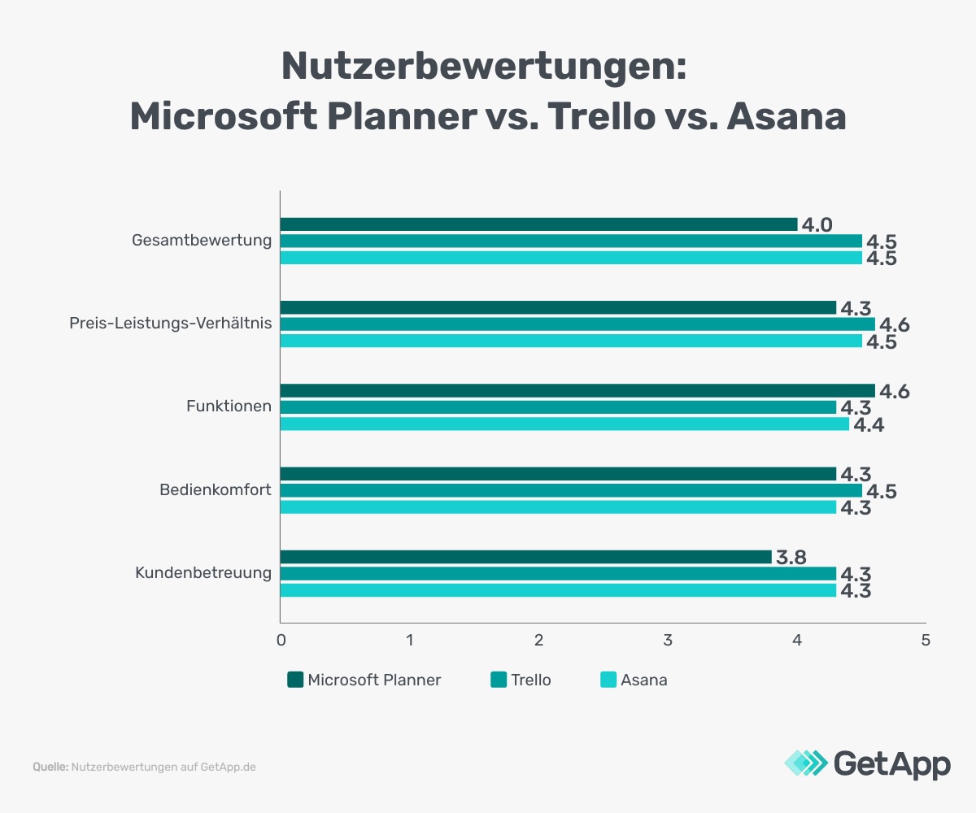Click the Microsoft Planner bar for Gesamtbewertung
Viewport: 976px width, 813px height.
(538, 224)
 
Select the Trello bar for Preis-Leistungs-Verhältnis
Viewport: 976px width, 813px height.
(577, 324)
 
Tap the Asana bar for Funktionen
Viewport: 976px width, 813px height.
(564, 424)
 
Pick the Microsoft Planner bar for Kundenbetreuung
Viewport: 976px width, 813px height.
(525, 557)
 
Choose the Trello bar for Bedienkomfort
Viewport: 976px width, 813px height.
(571, 491)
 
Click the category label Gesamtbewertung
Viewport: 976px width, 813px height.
(201, 241)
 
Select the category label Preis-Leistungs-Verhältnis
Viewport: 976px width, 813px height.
(170, 324)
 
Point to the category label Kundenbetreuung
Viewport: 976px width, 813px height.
(203, 573)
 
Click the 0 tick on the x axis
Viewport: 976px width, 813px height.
(281, 640)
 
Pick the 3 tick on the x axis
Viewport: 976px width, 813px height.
(668, 640)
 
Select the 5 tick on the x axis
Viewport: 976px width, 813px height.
(926, 640)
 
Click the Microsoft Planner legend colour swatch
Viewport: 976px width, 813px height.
(295, 680)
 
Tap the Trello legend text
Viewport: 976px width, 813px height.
(530, 680)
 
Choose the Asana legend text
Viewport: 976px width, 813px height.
(643, 680)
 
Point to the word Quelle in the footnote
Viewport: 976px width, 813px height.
(50, 767)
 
